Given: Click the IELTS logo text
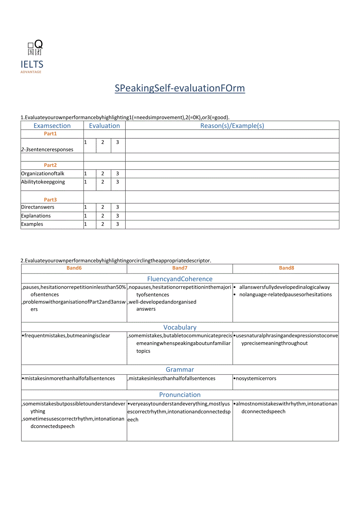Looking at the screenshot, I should [32, 65].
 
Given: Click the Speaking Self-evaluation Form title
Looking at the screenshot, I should [180, 88].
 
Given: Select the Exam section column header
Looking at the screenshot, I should [52, 126].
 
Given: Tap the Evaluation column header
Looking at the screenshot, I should [104, 126].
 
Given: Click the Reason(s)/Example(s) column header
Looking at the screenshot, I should [232, 126].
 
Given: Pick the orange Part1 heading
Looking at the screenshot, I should [50, 134].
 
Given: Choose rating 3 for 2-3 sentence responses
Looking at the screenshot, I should [117, 142].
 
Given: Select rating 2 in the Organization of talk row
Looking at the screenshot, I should [103, 173].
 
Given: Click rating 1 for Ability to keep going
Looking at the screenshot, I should [86, 182].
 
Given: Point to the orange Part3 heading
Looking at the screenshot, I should [50, 200].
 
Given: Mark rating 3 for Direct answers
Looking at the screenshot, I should [117, 207].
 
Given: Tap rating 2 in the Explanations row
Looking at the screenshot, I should [103, 216].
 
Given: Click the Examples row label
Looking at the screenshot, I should [32, 224].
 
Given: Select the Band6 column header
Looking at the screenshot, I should [74, 268].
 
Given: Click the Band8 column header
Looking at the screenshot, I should [286, 268].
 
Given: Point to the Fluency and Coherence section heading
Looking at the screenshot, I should [180, 279].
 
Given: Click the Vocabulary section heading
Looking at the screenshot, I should [180, 327].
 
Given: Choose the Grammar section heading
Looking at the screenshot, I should [180, 370].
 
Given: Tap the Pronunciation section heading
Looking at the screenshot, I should [180, 395].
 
